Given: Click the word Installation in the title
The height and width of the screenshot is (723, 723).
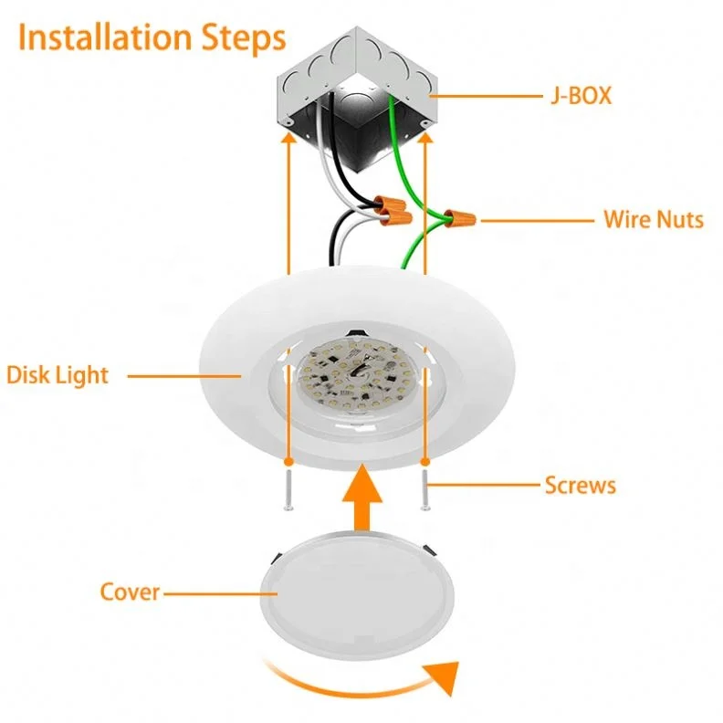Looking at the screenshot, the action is pos(105,37).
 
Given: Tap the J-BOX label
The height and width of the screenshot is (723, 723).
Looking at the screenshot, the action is pos(581,96).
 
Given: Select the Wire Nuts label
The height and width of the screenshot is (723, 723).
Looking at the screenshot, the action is pos(654,219).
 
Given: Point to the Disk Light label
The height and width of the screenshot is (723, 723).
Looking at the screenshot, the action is pos(58,375).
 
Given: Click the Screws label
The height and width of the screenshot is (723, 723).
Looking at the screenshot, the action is pos(580,486).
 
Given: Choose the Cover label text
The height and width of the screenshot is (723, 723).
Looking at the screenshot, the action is pos(130,592).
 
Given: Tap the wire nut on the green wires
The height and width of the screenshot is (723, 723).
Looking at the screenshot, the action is pos(459,217).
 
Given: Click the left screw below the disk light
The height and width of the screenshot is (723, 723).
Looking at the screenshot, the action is pos(288,490).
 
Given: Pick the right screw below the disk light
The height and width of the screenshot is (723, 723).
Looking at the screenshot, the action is pos(425,490).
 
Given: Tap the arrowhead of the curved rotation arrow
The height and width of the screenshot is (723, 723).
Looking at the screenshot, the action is pos(444,676).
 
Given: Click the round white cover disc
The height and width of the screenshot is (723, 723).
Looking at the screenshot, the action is pos(357,596).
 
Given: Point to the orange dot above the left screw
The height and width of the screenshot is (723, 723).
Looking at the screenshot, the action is pos(288,462).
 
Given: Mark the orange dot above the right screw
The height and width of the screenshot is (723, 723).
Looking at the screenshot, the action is pos(425,462).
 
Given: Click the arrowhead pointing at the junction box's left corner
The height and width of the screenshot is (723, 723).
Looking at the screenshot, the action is pos(289,137).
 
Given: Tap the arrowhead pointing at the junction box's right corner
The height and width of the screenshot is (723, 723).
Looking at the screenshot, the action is pos(425,137).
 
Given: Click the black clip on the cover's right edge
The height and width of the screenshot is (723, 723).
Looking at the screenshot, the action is pos(430,550).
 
